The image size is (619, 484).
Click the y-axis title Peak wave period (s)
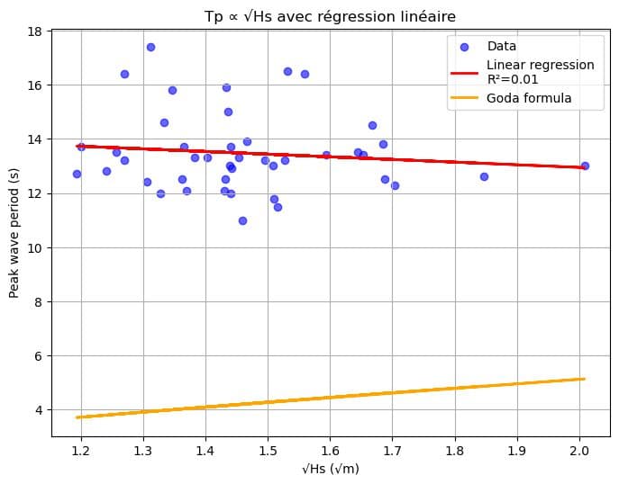click(16, 233)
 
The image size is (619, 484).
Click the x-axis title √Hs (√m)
click(330, 470)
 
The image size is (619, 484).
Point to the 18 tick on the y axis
click(37, 31)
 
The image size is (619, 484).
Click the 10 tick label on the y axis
click(37, 247)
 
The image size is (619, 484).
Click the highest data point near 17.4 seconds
click(150, 47)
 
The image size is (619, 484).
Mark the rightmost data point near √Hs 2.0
click(585, 166)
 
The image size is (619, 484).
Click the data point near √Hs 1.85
click(484, 176)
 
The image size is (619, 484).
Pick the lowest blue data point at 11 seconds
click(242, 220)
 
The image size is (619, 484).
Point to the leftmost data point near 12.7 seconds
click(77, 174)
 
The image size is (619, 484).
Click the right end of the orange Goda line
click(585, 379)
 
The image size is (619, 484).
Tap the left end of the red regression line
click(77, 146)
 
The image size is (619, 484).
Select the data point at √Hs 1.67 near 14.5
click(372, 125)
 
